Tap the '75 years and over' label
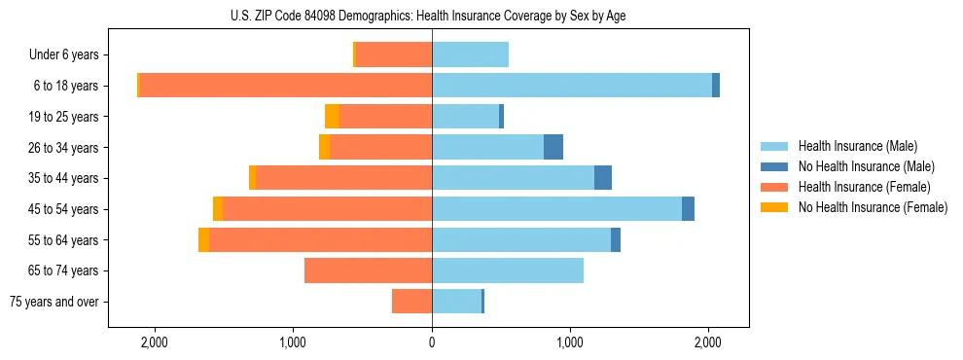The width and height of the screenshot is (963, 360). (x=54, y=302)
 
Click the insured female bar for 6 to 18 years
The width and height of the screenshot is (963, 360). (x=286, y=86)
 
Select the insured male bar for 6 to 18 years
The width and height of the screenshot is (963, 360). (x=572, y=86)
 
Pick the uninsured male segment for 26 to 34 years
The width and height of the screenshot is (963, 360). (x=553, y=147)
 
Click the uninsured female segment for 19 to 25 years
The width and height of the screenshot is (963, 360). (x=332, y=117)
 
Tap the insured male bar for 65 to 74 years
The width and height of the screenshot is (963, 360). (x=508, y=270)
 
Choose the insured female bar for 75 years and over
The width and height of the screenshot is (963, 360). (x=411, y=302)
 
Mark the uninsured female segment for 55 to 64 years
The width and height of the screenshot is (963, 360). (x=203, y=240)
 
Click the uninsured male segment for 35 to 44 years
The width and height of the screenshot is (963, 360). (x=603, y=178)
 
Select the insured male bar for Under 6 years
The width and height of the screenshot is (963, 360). (x=470, y=55)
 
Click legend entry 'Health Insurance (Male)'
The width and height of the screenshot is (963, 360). (x=857, y=146)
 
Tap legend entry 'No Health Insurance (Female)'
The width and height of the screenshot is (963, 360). (x=873, y=207)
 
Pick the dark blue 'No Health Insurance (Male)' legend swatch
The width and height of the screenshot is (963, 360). (x=774, y=166)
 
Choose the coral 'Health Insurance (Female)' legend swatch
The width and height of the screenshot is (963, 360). (x=774, y=187)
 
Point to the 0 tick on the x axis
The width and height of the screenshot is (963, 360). (x=432, y=342)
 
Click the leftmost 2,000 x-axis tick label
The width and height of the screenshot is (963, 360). (x=155, y=342)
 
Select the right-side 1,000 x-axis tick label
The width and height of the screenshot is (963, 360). (x=570, y=342)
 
